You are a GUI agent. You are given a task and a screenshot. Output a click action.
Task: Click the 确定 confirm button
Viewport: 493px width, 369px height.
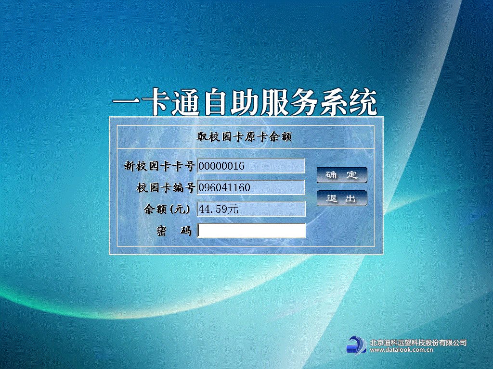point(342,175)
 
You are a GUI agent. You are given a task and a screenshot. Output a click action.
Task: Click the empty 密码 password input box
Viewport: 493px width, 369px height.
point(251,231)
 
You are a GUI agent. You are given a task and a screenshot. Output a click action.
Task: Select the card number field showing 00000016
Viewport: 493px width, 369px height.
point(251,166)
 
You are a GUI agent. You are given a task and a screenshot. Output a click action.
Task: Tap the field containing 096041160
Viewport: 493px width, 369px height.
point(251,187)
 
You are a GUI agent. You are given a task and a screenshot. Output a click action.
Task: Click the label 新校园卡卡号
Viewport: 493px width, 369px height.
point(159,166)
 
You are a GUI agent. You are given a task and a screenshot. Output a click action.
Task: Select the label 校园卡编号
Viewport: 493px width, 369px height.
point(166,188)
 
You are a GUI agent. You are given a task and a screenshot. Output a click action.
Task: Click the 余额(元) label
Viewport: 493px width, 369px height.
point(167,209)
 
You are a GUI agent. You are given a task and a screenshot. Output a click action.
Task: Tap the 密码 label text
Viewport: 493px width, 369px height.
point(174,231)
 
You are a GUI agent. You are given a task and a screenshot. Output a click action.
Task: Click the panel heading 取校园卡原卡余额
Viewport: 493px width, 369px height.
point(244,137)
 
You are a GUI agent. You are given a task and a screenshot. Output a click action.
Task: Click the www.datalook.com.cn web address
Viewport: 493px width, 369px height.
point(402,350)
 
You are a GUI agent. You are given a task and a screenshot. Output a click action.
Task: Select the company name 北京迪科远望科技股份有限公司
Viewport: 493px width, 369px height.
point(418,342)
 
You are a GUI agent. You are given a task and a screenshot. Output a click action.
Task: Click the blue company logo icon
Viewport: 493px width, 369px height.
point(357,345)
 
